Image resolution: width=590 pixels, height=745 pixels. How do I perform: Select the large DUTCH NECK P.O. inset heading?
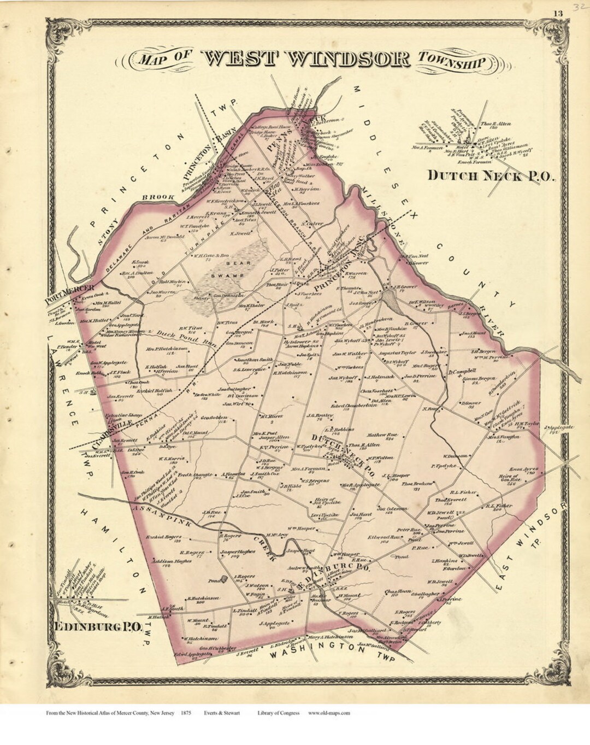click(490, 175)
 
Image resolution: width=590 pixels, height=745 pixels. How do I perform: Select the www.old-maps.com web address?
click(329, 713)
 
